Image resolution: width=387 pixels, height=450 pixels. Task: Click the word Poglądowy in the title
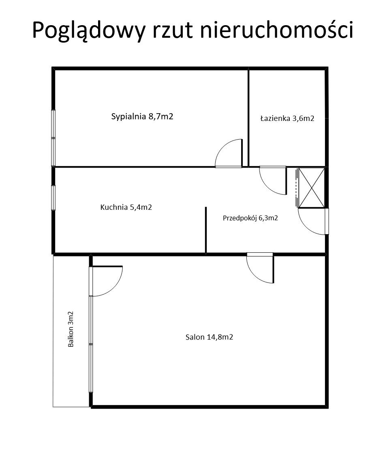pyautogui.click(x=89, y=30)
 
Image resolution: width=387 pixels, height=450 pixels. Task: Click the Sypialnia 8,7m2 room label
pyautogui.click(x=142, y=116)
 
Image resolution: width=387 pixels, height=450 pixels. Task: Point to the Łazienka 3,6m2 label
pyautogui.click(x=287, y=118)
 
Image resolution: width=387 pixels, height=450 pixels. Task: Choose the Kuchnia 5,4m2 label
pyautogui.click(x=126, y=207)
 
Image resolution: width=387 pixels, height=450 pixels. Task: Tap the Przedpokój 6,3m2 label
pyautogui.click(x=250, y=218)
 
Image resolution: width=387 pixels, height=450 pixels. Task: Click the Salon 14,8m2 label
pyautogui.click(x=209, y=337)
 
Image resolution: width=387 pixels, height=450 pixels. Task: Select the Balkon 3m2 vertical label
pyautogui.click(x=71, y=329)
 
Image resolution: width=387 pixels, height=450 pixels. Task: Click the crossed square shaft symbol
pyautogui.click(x=312, y=188)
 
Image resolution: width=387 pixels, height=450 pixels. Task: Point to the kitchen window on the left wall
pyautogui.click(x=53, y=198)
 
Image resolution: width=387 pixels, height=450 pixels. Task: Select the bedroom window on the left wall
pyautogui.click(x=53, y=138)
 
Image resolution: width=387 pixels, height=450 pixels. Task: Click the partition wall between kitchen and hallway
pyautogui.click(x=206, y=230)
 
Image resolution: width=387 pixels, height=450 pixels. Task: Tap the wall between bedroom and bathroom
pyautogui.click(x=248, y=118)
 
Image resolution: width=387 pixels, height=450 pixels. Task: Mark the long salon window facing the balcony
pyautogui.click(x=91, y=344)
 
